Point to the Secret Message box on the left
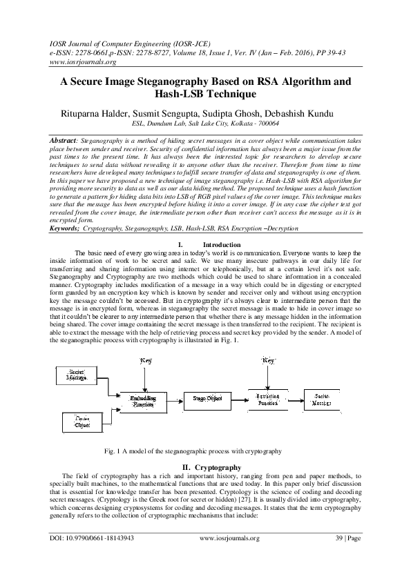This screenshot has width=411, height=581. coord(77,376)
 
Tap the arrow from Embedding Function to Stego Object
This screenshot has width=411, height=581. coord(175,398)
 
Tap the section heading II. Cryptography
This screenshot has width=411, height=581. coord(205,467)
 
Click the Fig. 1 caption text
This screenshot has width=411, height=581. coord(193,450)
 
